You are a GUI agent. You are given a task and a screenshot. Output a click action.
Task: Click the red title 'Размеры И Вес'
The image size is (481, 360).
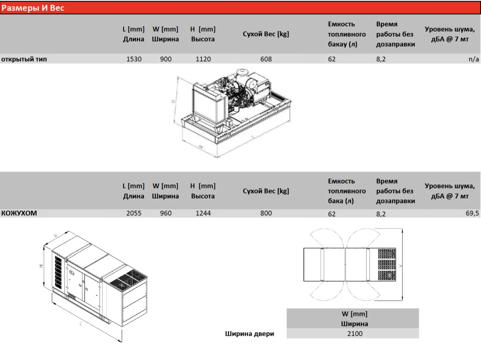pos(33,8)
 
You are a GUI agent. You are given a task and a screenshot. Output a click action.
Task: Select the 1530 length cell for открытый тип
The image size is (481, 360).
pos(134,59)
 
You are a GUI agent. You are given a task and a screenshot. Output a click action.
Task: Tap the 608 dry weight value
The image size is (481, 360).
pos(266,59)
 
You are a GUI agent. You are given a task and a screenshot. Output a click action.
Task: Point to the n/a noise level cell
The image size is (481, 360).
pos(473,59)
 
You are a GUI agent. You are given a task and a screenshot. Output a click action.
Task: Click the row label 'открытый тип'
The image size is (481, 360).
pos(24,59)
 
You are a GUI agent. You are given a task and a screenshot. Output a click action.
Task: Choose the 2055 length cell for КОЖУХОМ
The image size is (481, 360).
pos(134,213)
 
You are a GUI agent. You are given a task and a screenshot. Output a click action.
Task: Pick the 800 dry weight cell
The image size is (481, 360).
pos(266,213)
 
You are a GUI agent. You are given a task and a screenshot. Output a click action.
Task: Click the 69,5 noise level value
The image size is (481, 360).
pos(472,213)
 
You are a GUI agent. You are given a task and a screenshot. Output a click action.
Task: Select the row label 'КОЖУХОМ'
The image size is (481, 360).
pos(19,213)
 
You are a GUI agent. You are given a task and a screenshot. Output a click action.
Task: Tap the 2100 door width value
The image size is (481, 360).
pos(355,334)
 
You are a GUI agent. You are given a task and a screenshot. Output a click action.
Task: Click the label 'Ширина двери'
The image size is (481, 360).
pos(249,334)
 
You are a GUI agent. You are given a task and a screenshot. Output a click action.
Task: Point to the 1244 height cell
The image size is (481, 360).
pos(203,213)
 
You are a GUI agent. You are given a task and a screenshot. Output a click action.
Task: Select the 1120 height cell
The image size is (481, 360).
pos(203,59)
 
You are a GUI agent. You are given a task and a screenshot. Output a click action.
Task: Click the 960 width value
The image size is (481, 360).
pos(166,213)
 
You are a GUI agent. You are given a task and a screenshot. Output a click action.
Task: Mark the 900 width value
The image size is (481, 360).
pos(166,59)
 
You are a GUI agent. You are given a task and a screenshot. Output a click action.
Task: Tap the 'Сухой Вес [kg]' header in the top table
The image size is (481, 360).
pos(266,34)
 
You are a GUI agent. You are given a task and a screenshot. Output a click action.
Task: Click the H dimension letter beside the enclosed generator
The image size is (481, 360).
pos(41,266)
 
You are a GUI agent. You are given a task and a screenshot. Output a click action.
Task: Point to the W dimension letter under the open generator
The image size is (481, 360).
pos(201,147)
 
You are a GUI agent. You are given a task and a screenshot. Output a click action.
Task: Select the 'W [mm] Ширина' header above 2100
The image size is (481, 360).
pos(354,319)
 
